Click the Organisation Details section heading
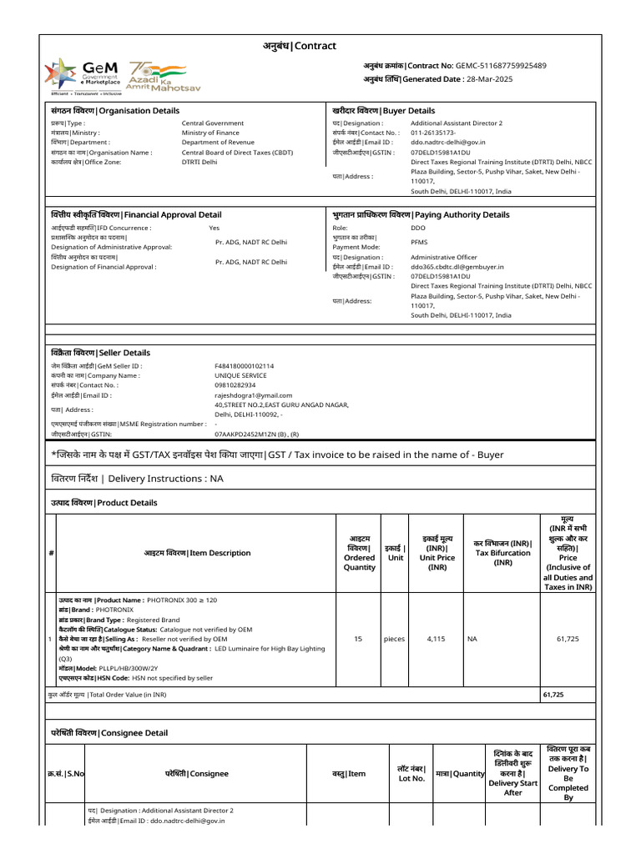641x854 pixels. click(114, 110)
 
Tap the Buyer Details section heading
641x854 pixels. click(383, 110)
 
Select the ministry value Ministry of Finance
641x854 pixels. click(210, 133)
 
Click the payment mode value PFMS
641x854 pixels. click(419, 242)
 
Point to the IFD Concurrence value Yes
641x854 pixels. click(215, 227)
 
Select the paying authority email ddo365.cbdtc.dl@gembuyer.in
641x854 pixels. click(458, 266)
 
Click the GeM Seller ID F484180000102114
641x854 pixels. click(245, 365)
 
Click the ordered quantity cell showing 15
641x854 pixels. click(358, 639)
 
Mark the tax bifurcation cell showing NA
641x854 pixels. click(472, 639)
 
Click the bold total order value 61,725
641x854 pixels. click(553, 694)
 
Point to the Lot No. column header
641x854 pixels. click(411, 773)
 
